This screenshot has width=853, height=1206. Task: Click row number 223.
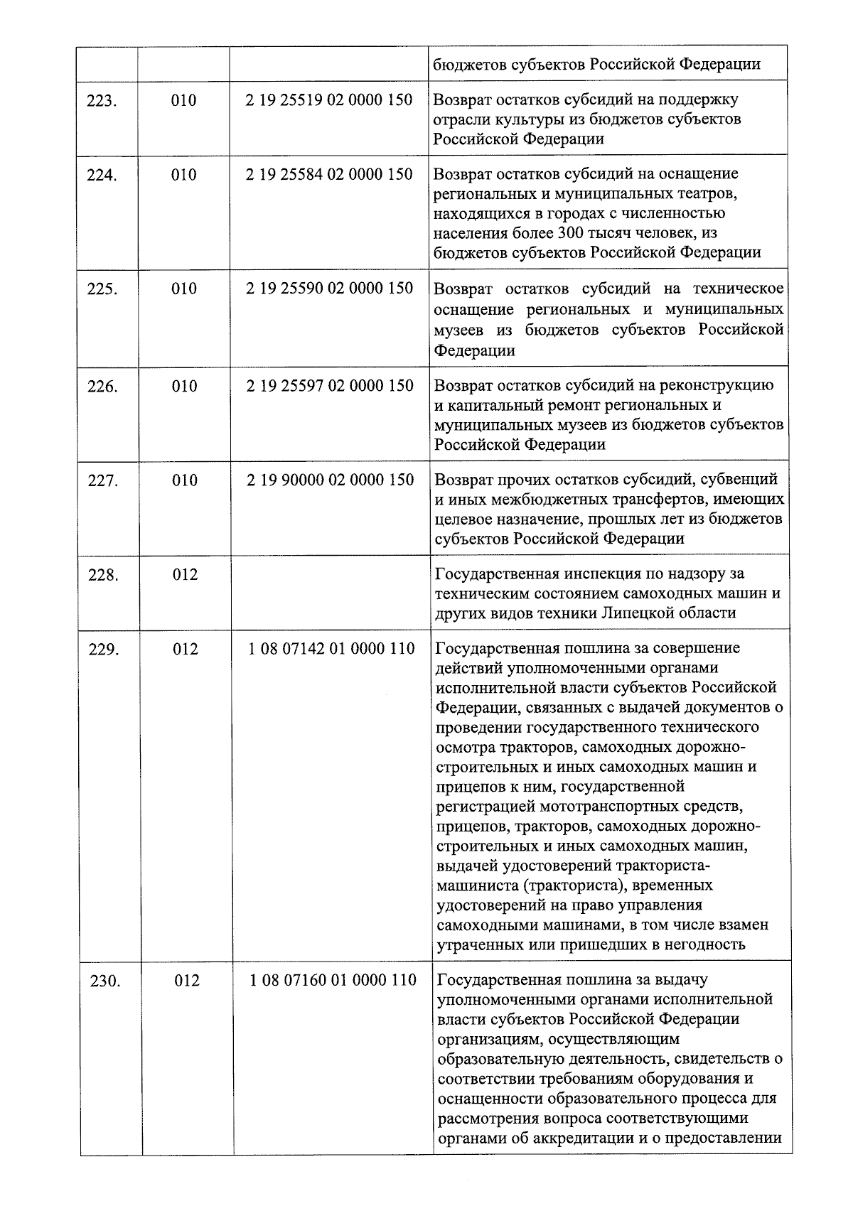point(101,101)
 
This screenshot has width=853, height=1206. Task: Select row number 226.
point(102,387)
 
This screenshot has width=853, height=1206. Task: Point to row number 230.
point(105,981)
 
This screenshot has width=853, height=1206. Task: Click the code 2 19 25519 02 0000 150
point(329,100)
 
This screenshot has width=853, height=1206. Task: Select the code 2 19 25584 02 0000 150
point(329,174)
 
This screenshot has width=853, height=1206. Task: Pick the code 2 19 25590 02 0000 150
point(329,289)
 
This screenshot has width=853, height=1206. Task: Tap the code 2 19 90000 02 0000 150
point(331,480)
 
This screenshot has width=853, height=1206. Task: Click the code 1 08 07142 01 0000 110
point(332,649)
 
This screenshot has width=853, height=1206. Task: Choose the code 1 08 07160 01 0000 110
point(333,981)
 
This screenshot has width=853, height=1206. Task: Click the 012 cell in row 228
point(185,575)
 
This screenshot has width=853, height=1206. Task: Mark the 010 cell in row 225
point(184,289)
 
